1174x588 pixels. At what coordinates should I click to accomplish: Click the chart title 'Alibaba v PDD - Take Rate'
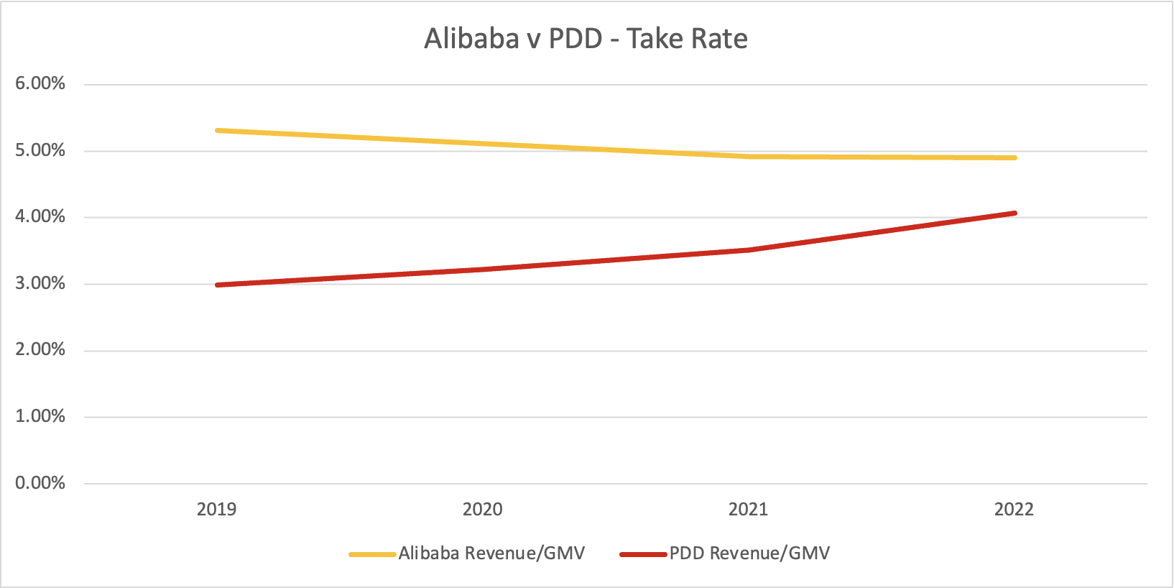coord(586,39)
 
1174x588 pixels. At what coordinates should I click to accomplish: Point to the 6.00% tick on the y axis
coord(40,83)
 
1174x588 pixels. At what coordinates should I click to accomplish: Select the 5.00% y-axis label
coord(40,150)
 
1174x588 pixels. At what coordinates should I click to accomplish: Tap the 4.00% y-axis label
coord(40,216)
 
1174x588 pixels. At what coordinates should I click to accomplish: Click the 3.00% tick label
coord(40,283)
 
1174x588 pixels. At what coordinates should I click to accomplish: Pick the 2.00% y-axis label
coord(40,349)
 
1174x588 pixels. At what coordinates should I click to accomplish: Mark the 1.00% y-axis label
coord(40,416)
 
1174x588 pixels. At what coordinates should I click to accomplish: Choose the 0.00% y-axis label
coord(40,482)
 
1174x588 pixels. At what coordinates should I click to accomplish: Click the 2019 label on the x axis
coord(216,510)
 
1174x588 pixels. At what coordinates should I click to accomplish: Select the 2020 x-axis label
coord(482,510)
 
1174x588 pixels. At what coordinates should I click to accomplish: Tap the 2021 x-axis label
coord(748,510)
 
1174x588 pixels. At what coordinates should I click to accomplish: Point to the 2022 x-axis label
coord(1014,510)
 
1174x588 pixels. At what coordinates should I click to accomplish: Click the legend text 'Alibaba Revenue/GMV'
coord(491,553)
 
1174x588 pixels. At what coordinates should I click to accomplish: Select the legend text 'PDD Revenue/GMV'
coord(749,553)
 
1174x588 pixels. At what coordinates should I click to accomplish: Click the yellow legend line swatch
coord(372,554)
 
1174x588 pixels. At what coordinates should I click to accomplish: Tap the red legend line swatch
coord(643,554)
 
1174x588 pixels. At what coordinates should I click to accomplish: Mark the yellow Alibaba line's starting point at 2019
coord(217,130)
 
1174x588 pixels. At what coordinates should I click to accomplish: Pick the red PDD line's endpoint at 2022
coord(1014,213)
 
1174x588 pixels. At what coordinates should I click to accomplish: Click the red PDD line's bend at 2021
coord(748,250)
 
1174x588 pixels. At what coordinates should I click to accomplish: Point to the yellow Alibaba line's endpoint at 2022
coord(1014,157)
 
